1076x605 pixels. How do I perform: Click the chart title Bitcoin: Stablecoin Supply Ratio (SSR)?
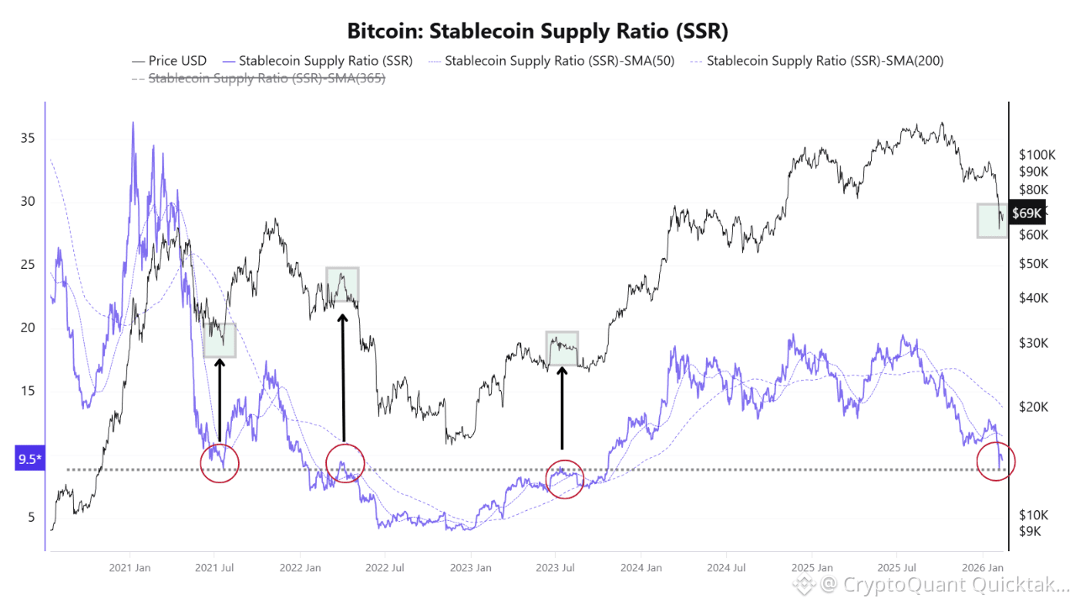(538, 32)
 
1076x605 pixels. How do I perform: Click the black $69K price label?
(1027, 213)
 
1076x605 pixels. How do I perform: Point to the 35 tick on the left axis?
(27, 138)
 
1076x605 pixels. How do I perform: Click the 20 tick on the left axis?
(27, 328)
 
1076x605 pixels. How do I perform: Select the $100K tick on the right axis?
(1037, 155)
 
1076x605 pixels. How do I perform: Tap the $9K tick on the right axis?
(1031, 531)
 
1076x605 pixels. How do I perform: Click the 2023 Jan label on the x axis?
(471, 567)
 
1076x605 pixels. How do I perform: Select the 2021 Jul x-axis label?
(214, 567)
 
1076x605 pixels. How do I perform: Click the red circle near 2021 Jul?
(219, 463)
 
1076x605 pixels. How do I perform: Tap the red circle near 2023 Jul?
(564, 479)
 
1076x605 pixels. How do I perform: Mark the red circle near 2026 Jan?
(996, 460)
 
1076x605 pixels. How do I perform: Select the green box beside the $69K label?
(992, 220)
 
